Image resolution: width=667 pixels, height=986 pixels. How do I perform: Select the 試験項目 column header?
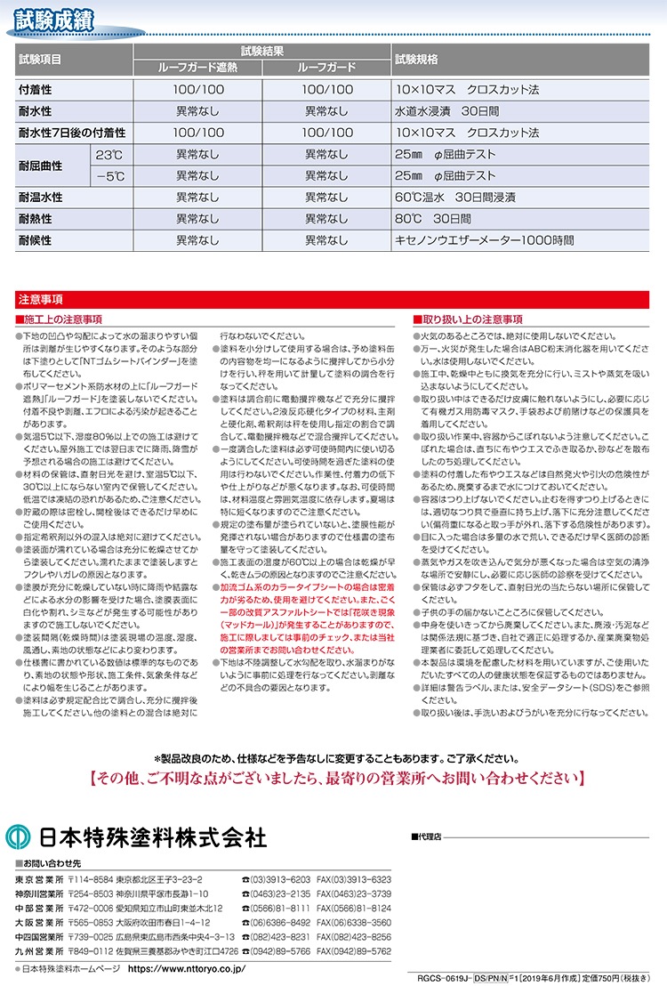(40, 59)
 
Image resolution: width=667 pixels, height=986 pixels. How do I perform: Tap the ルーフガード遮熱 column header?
(197, 67)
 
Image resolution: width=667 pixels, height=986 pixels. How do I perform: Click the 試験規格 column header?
(415, 59)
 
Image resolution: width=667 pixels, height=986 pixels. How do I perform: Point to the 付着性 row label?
(36, 90)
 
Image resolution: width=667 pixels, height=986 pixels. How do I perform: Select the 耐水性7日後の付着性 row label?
(72, 133)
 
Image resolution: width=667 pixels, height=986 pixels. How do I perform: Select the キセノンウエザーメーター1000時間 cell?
(486, 240)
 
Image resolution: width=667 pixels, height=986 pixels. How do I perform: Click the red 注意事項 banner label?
(39, 301)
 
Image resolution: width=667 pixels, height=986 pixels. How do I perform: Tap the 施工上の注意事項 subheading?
(63, 319)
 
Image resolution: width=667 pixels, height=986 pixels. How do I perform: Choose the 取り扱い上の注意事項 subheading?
(470, 319)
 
